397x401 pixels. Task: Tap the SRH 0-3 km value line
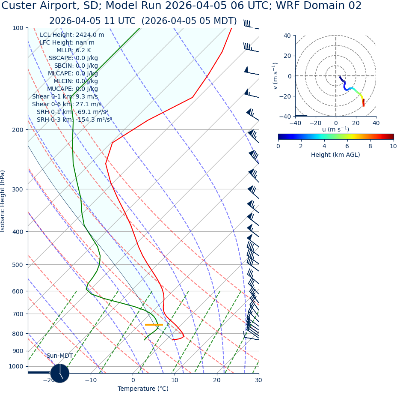[74, 120]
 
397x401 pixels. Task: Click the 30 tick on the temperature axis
[258, 380]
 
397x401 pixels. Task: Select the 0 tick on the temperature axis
[133, 380]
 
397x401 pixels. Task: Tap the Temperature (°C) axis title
[143, 389]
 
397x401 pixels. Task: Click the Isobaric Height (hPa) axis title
[3, 201]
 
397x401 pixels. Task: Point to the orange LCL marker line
[154, 325]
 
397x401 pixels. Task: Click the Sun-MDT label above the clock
[59, 356]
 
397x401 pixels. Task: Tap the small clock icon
[60, 373]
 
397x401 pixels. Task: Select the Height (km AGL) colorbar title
[335, 155]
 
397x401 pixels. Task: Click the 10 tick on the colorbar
[393, 146]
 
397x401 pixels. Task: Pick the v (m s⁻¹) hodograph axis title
[276, 76]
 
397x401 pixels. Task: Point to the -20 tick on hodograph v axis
[286, 96]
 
